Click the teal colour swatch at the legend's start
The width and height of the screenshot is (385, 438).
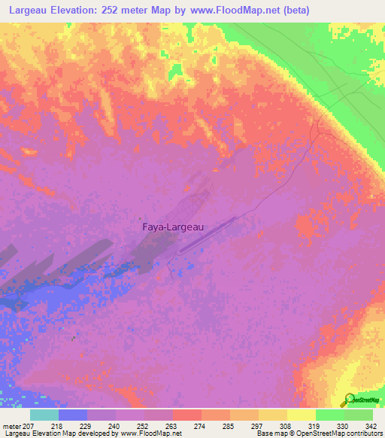pos(44,415)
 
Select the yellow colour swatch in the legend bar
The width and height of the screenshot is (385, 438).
pos(301,415)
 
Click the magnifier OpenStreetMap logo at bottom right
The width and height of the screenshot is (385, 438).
pos(347,399)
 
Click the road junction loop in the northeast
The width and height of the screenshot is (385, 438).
pos(320,128)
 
